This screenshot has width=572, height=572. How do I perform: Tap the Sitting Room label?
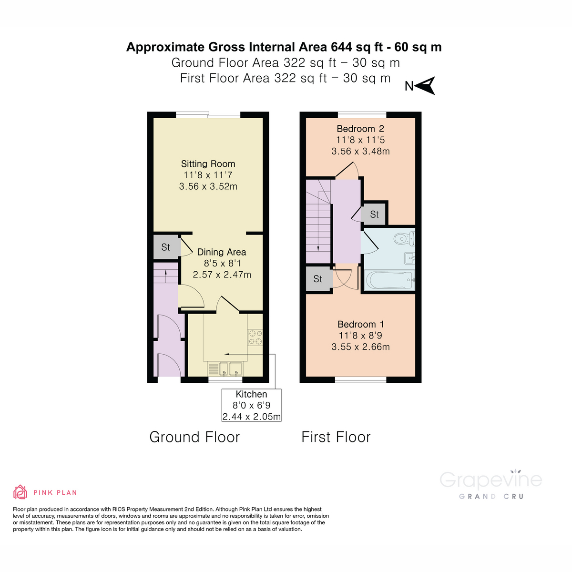pos(208,164)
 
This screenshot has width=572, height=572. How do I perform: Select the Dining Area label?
pos(222,252)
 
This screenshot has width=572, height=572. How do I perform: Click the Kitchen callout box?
pos(251,405)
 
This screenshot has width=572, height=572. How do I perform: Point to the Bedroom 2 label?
pos(360,129)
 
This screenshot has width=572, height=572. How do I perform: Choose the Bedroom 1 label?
pos(360,324)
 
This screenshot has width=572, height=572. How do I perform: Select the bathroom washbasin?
pos(410,258)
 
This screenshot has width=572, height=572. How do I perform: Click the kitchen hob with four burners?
pos(255,337)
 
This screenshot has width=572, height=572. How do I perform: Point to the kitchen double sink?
pos(225,368)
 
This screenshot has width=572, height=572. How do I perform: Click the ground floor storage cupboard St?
pos(166,247)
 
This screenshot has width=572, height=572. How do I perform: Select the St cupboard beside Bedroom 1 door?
pos(318,279)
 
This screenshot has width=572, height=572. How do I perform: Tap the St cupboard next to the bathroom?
pos(374,214)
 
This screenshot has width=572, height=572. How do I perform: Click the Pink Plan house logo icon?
pos(20,492)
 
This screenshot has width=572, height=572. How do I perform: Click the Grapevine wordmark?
pos(490,480)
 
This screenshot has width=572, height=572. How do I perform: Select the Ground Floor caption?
pos(194,437)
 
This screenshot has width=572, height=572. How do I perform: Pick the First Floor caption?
pos(336,437)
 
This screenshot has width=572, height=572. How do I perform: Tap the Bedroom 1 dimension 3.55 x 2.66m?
pos(360,347)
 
